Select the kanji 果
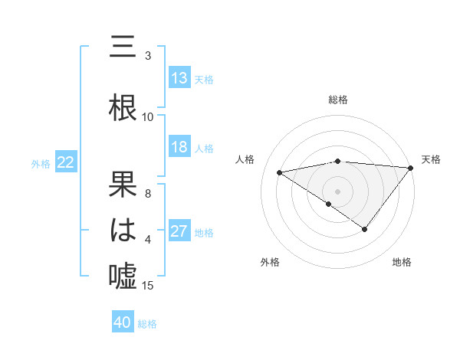click(x=123, y=185)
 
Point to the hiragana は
click(x=123, y=231)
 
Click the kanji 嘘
click(x=123, y=277)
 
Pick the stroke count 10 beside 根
click(x=148, y=117)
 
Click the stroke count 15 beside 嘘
click(x=148, y=286)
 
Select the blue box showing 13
click(x=179, y=78)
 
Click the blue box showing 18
click(x=179, y=147)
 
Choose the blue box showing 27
click(x=179, y=231)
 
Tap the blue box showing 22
click(x=66, y=162)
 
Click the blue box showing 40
click(x=123, y=322)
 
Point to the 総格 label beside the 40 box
click(x=148, y=324)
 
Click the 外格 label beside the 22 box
click(x=41, y=163)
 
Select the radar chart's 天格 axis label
click(x=431, y=159)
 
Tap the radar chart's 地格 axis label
click(x=402, y=263)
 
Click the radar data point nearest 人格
click(x=280, y=172)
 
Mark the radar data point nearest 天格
click(x=412, y=168)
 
